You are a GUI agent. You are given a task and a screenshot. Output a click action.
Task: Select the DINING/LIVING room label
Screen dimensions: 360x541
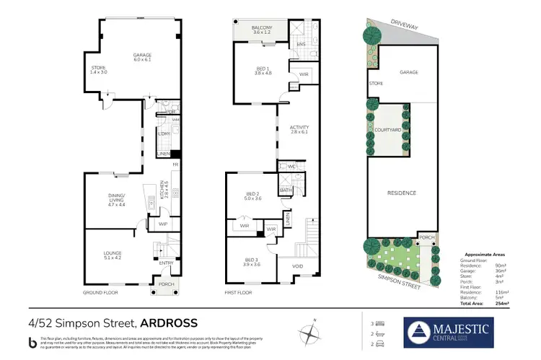pyautogui.click(x=117, y=199)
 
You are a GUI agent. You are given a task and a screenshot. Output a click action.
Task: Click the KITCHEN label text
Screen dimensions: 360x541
pyautogui.click(x=165, y=189)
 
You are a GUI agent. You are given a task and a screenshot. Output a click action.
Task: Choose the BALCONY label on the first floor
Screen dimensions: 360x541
pyautogui.click(x=261, y=29)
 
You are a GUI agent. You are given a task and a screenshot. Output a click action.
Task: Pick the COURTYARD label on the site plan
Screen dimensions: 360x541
pyautogui.click(x=387, y=130)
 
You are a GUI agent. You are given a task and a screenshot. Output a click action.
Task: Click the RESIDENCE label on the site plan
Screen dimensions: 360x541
pyautogui.click(x=402, y=193)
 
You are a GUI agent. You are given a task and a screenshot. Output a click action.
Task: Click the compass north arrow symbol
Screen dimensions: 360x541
pyautogui.click(x=311, y=333)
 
